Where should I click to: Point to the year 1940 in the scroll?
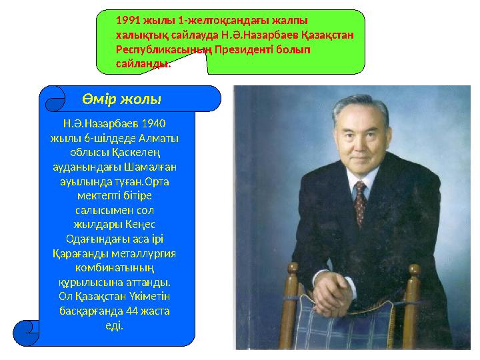click(155, 123)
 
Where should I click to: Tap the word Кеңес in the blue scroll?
click(146, 225)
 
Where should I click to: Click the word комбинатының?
click(117, 267)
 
